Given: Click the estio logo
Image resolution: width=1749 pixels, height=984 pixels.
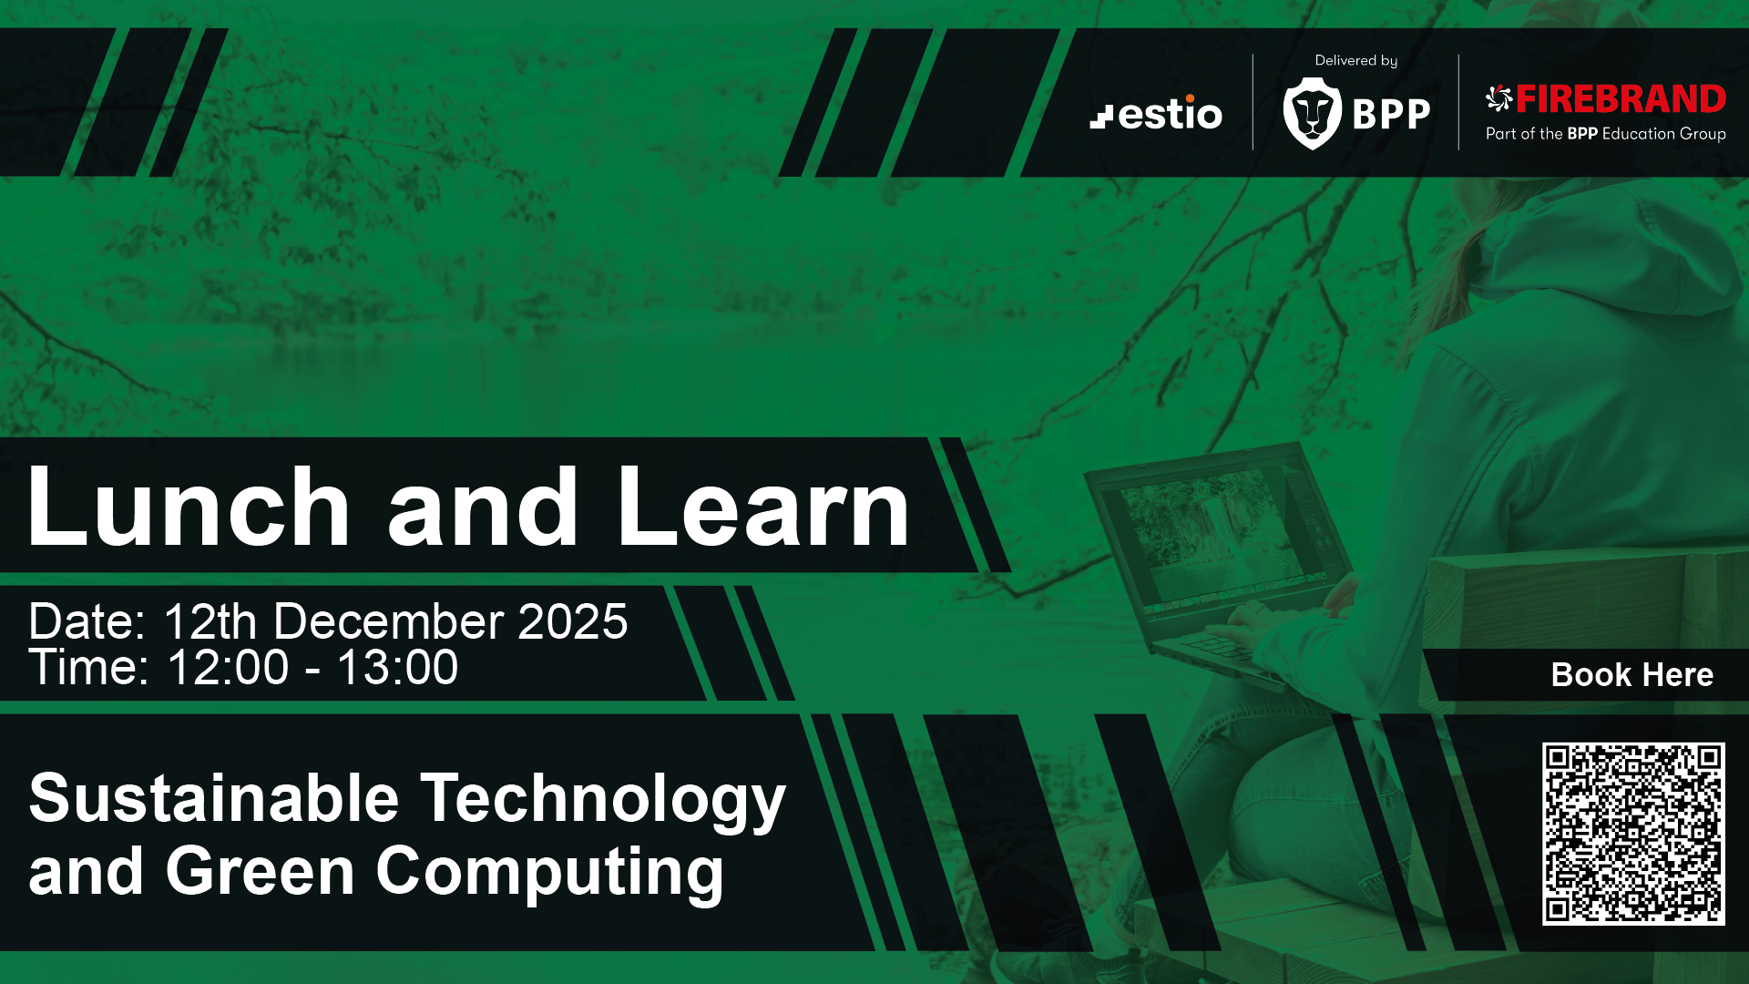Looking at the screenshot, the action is (x=1156, y=113).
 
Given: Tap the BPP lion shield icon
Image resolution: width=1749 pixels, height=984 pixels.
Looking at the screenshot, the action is (x=1313, y=113).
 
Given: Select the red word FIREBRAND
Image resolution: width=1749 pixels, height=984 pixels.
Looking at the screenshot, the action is (x=1621, y=98).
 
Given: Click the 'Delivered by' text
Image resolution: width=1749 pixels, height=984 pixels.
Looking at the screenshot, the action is (x=1355, y=60).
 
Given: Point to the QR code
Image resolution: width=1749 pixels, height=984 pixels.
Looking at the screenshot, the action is (x=1633, y=834).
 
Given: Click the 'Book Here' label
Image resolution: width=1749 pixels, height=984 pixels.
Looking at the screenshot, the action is (x=1632, y=674).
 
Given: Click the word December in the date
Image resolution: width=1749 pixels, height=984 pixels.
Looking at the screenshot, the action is (x=389, y=621).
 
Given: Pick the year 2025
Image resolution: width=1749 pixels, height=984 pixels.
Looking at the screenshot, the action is (x=573, y=621).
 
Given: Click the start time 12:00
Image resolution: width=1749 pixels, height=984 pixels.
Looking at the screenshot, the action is (x=228, y=668).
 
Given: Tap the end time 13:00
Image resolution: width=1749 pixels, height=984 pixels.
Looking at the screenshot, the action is (x=397, y=668).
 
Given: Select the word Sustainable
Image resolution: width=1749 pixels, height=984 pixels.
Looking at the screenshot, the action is (x=214, y=798).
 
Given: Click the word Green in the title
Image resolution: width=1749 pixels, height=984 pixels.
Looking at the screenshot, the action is (x=260, y=871).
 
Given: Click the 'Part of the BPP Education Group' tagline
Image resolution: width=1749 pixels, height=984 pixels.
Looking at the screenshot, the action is (x=1606, y=134).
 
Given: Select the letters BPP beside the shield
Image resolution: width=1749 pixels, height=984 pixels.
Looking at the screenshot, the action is (x=1391, y=115).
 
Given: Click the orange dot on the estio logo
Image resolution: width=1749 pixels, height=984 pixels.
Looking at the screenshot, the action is (x=1191, y=97).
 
